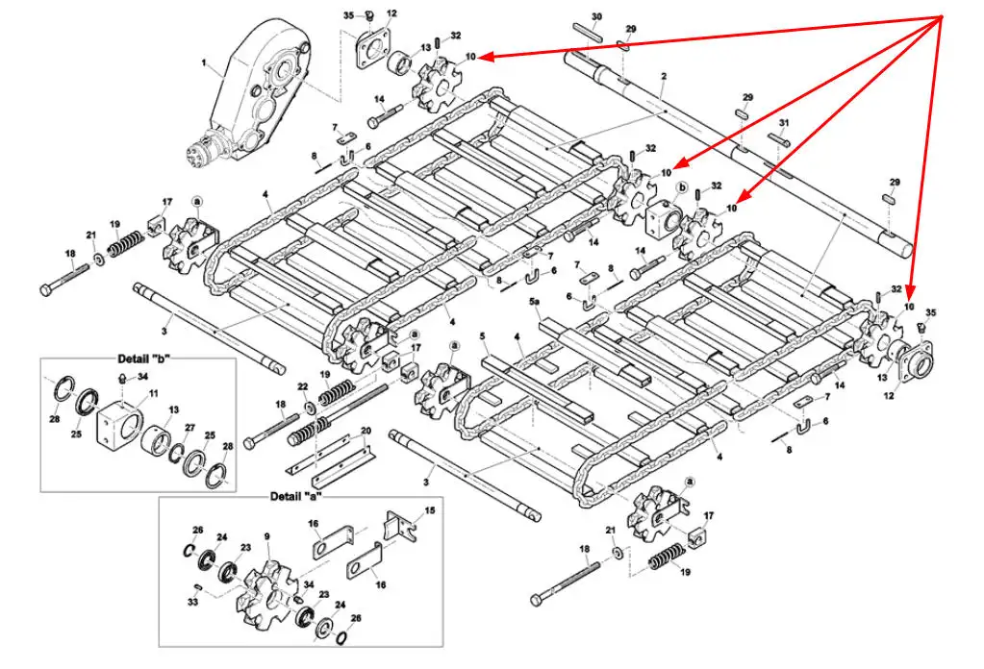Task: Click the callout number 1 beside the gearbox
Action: click(x=204, y=62)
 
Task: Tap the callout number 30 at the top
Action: click(x=596, y=16)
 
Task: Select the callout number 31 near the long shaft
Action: click(x=784, y=123)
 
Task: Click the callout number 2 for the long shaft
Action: click(x=664, y=75)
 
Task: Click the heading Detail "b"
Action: click(x=139, y=358)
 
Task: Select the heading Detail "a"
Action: click(x=295, y=497)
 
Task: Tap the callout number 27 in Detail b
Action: click(x=189, y=428)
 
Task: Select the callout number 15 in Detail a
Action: click(x=429, y=509)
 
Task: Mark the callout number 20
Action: click(x=366, y=430)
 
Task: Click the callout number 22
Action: click(x=304, y=386)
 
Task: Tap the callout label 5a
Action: click(x=537, y=301)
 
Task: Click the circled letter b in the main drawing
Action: click(x=682, y=187)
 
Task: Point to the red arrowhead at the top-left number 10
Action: click(x=483, y=58)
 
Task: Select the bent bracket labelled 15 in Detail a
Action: click(x=401, y=527)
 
